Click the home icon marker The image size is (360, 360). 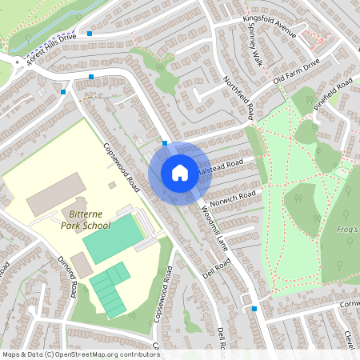179,172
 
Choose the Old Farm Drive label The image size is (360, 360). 296,70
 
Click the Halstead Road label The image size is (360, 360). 222,167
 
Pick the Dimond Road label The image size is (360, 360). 67,276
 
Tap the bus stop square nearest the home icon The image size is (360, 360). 165,143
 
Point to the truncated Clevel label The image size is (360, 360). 350,340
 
